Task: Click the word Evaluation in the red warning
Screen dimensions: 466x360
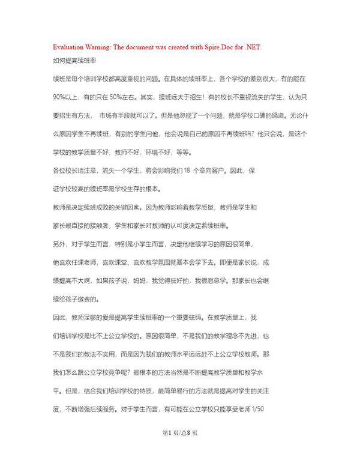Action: [68, 47]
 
